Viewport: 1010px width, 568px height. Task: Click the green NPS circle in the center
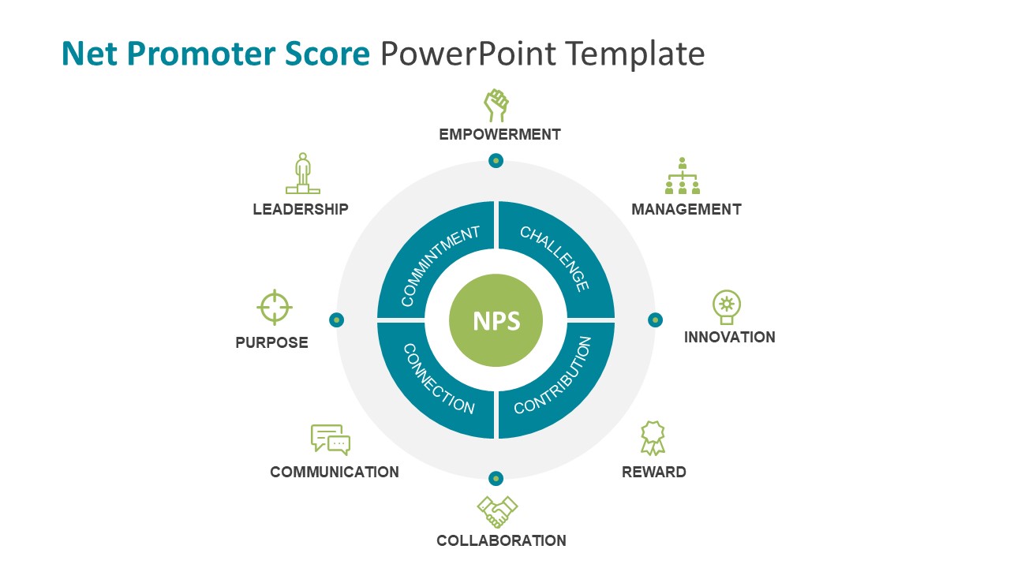tap(496, 320)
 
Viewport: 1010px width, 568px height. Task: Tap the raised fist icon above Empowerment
tap(496, 105)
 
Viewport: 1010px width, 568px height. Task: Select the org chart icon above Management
tap(683, 176)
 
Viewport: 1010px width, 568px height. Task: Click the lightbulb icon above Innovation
tap(726, 307)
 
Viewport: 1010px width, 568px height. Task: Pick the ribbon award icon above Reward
tap(653, 438)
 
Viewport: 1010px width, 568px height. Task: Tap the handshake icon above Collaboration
tap(497, 512)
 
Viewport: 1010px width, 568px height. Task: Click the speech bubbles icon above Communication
tap(331, 439)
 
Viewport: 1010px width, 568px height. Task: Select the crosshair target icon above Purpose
tap(275, 307)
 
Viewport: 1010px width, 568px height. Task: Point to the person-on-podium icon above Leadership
tap(302, 174)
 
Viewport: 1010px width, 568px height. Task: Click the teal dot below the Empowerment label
tap(496, 161)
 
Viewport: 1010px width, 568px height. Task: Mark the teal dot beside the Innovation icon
tap(655, 319)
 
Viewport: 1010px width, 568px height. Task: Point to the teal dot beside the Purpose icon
tap(337, 319)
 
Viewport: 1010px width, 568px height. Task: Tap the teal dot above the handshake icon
tap(496, 478)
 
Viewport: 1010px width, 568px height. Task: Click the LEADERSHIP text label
tap(301, 209)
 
